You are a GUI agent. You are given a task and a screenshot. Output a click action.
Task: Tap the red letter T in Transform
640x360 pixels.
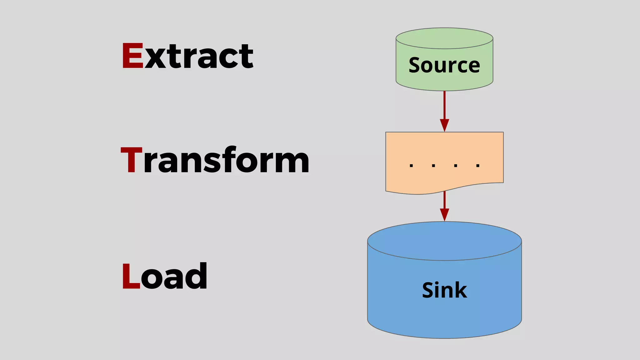(132, 160)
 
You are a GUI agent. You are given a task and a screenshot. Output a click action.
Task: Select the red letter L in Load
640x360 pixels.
(130, 276)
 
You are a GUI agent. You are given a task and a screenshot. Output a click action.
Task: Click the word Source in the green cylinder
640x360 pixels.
(444, 65)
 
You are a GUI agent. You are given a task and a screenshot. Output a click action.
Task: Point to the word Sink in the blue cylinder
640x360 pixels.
(444, 290)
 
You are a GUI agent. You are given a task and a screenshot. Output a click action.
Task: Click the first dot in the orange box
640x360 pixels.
(411, 166)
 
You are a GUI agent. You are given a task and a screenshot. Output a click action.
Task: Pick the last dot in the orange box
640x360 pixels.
(478, 166)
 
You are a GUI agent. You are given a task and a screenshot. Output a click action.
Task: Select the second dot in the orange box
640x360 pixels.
(433, 166)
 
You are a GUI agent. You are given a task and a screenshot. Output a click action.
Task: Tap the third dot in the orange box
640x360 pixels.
(456, 166)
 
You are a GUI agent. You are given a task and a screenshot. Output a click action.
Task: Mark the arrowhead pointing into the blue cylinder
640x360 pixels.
(444, 215)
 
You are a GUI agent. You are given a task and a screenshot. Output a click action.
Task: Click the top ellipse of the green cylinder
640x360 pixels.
(444, 38)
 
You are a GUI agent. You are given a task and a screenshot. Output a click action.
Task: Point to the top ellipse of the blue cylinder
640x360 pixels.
(444, 241)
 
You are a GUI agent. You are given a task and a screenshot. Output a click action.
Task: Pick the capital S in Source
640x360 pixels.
(415, 65)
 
